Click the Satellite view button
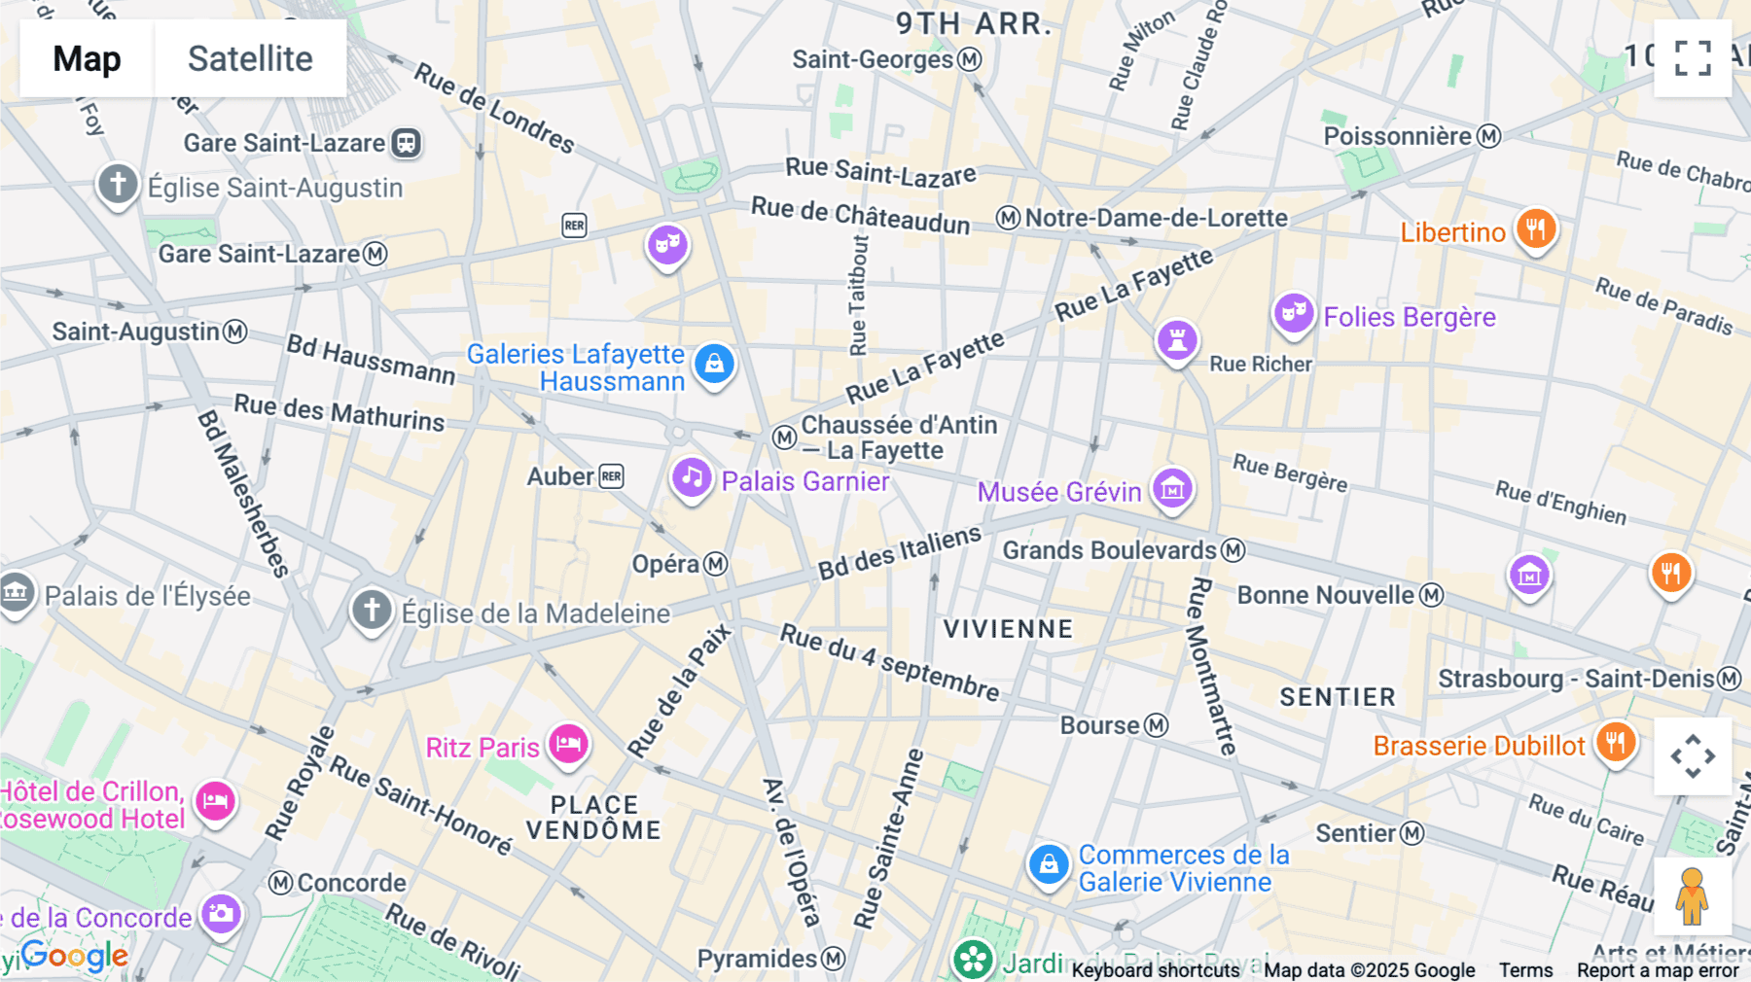point(250,58)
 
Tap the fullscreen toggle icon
point(1693,58)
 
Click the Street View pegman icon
point(1692,895)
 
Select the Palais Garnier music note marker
point(692,477)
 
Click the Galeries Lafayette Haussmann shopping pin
point(714,364)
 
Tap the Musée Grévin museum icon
point(1172,489)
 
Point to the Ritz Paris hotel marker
point(568,745)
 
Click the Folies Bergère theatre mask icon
point(1293,313)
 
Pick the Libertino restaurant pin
point(1535,229)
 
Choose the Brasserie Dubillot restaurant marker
point(1615,743)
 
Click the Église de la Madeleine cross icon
point(372,610)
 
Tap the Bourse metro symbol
point(1156,725)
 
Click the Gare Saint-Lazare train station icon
point(406,143)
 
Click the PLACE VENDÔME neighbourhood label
point(593,818)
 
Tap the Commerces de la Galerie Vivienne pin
point(1049,863)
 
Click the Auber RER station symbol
point(611,476)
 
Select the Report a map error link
point(1657,970)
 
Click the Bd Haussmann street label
point(371,360)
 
